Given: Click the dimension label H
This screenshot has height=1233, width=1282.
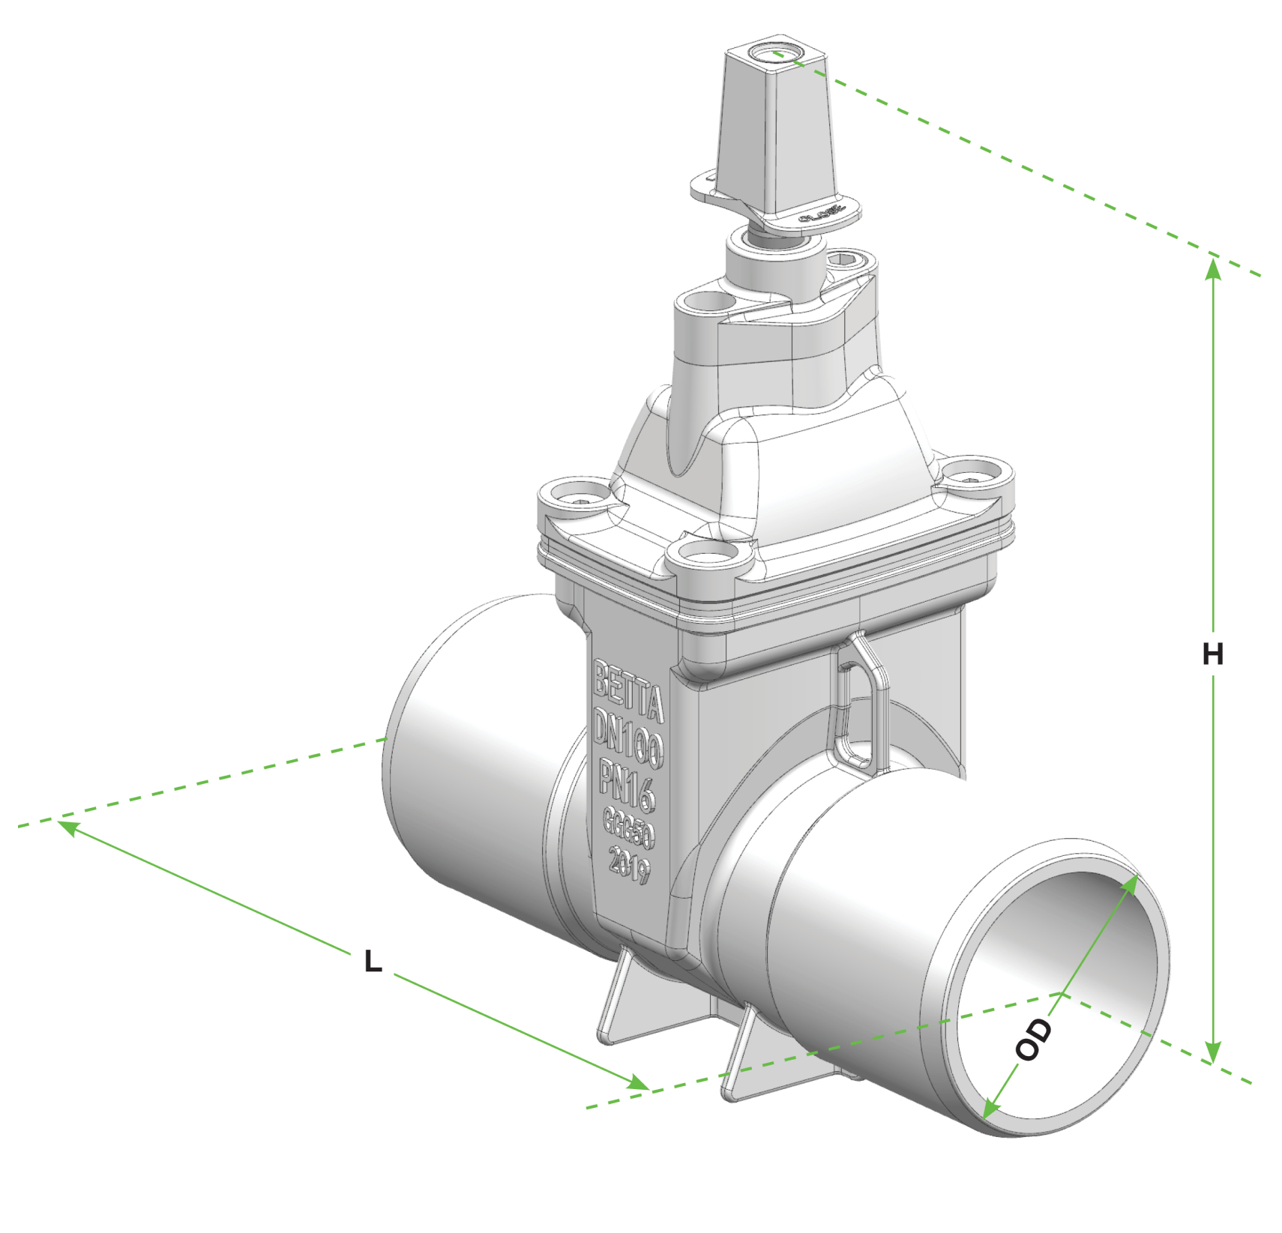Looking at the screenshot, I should pos(1212,654).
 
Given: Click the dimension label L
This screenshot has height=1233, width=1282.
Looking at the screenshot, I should pos(373,962).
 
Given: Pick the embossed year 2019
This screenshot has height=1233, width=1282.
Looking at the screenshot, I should pos(629,864).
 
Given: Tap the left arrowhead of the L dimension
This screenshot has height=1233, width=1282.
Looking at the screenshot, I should pos(67,827).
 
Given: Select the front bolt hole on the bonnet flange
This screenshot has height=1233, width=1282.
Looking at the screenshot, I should pos(708,554).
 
